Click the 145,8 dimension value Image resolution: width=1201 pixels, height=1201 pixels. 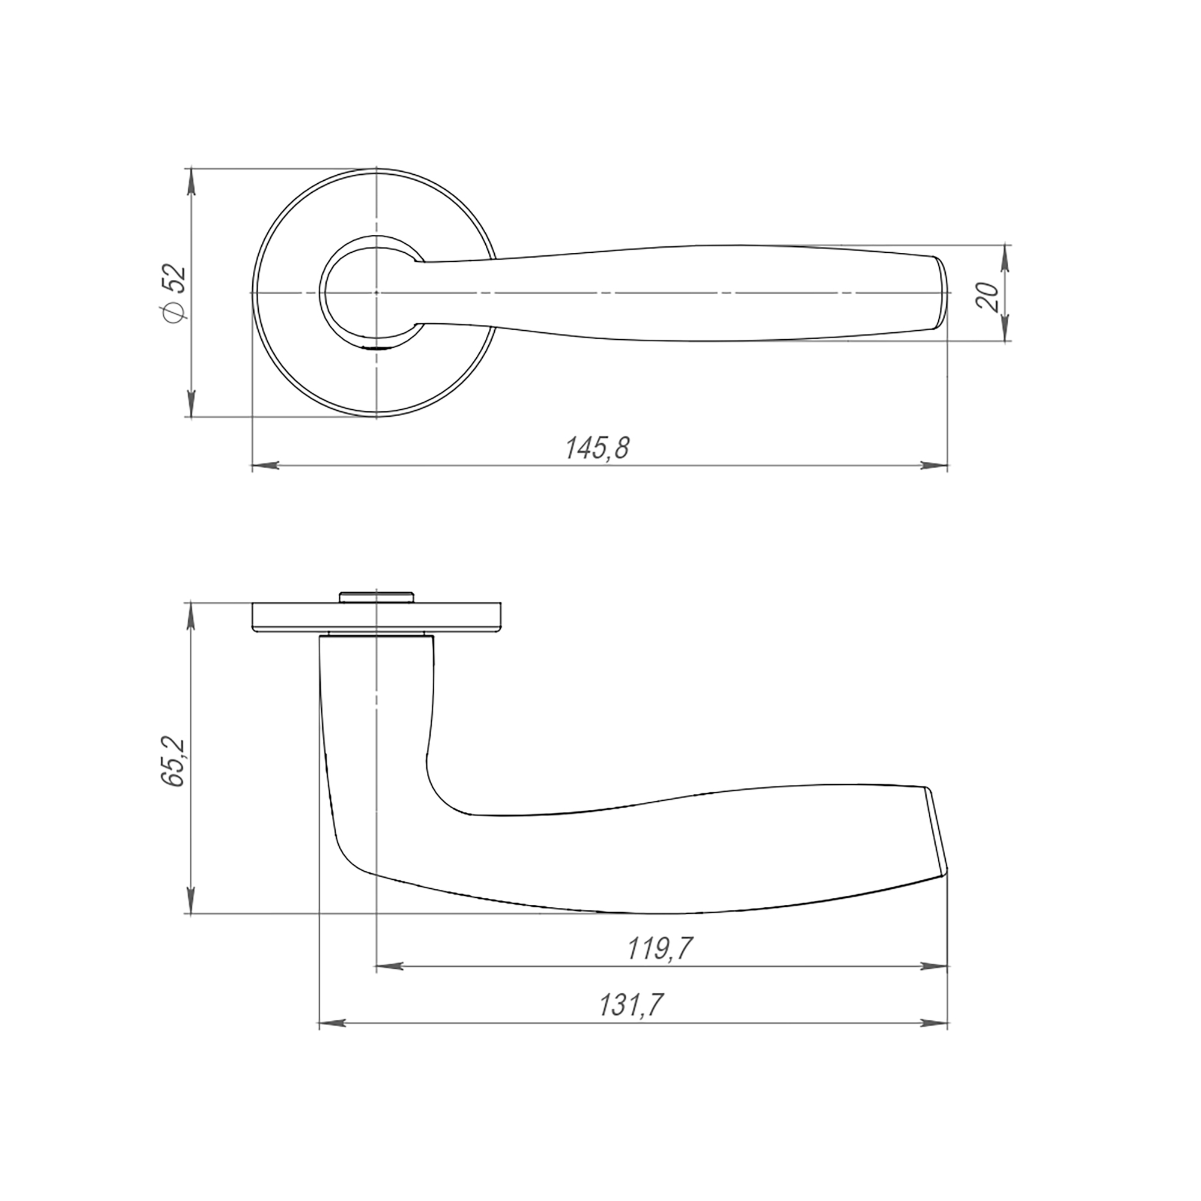tap(597, 448)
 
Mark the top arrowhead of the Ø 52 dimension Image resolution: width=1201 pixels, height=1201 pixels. tap(192, 181)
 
